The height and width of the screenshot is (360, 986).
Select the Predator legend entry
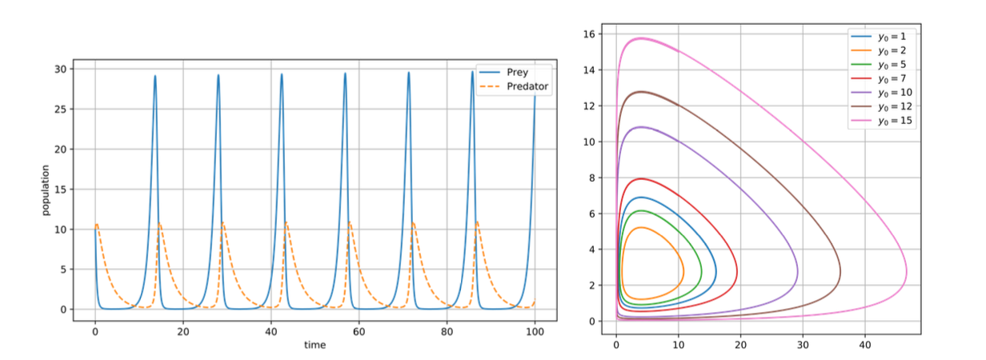[519, 86]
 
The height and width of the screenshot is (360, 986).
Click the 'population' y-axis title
[46, 190]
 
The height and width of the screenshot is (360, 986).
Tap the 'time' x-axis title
[315, 345]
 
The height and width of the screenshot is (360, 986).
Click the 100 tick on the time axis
[535, 330]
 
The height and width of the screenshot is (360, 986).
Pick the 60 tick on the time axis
[359, 330]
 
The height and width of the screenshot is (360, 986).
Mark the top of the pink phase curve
[641, 38]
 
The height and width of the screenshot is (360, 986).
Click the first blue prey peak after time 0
[155, 77]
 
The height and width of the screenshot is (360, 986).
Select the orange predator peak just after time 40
[287, 222]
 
